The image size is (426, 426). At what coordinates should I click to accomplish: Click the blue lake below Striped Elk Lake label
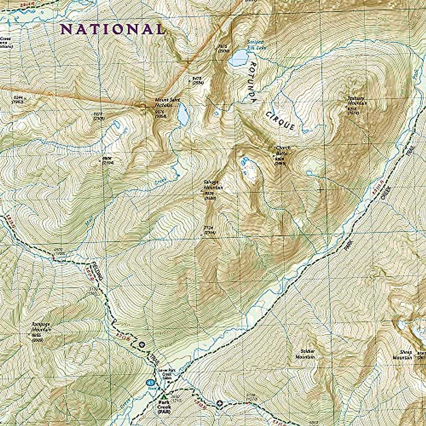[x=238, y=58]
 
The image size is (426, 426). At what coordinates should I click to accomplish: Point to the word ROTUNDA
[x=252, y=82]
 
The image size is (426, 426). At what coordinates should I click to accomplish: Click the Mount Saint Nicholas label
[x=164, y=103]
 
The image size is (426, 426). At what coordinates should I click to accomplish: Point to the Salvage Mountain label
[x=213, y=185]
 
